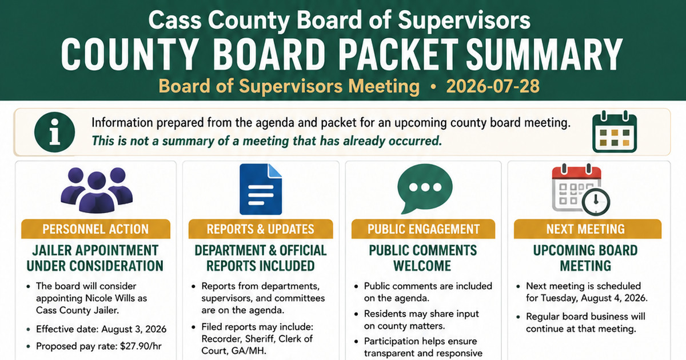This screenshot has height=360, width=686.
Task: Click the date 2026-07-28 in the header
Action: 493,86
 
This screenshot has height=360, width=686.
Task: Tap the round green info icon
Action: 54,132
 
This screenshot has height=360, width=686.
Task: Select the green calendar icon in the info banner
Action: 615,132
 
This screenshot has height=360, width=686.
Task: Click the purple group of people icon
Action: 97,190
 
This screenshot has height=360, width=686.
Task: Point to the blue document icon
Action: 261,189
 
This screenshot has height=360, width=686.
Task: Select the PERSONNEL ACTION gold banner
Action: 95,229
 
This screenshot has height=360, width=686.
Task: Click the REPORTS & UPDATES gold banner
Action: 261,229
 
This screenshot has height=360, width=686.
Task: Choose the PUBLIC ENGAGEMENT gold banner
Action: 423,229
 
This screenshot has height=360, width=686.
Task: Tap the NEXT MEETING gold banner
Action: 585,229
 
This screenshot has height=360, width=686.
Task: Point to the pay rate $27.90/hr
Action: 141,346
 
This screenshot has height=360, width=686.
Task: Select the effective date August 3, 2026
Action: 134,329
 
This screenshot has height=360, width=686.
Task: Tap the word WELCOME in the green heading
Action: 422,266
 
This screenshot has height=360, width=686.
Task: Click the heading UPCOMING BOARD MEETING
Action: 585,258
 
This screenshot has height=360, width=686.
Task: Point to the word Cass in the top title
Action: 175,20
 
